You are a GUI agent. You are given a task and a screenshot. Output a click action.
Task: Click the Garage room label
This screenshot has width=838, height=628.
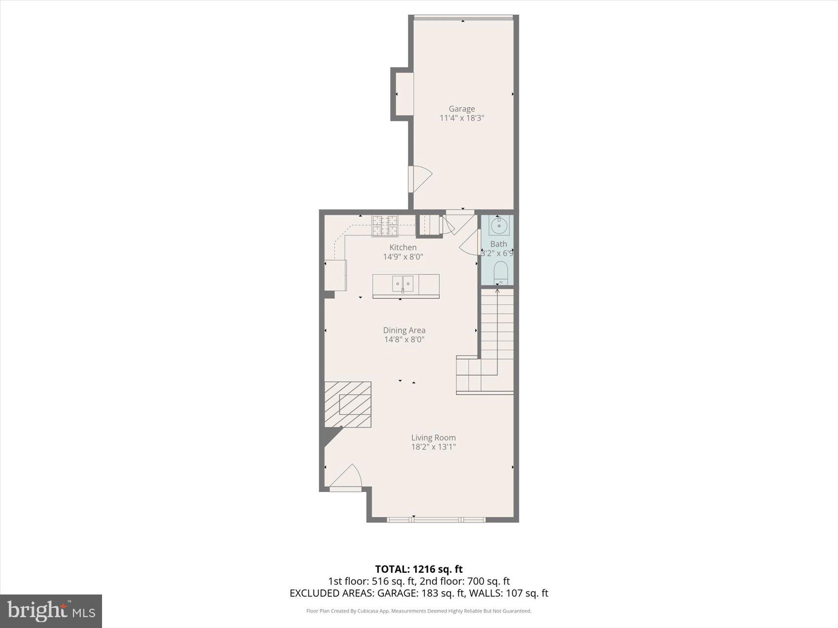461,109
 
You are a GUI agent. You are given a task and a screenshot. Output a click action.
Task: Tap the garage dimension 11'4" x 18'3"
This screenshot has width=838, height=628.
461,118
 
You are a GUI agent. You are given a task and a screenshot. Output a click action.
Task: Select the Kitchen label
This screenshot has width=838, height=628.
403,247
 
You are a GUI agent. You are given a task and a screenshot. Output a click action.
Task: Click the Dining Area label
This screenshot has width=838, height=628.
404,331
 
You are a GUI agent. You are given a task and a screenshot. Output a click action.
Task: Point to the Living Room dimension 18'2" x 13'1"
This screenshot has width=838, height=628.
433,447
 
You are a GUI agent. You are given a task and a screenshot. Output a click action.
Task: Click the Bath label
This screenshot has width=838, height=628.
498,244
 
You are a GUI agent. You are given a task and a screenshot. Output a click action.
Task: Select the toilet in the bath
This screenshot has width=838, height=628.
500,272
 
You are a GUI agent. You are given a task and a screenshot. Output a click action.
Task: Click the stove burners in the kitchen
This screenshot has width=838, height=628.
384,226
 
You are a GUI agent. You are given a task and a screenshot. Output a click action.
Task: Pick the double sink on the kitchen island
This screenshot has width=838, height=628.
403,284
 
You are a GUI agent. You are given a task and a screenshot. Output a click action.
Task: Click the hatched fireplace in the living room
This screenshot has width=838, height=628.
348,404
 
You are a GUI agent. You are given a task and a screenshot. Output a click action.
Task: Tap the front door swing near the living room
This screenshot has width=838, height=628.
347,477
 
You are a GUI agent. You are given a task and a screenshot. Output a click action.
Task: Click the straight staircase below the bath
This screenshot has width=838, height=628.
497,325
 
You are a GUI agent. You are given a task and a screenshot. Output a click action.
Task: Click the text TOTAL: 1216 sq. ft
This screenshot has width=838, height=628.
419,569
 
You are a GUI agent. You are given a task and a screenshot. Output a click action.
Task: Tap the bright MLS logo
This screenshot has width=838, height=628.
51,611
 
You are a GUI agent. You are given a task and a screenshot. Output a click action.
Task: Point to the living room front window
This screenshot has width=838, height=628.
436,520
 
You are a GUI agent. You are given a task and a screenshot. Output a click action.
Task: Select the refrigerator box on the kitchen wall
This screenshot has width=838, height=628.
335,275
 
